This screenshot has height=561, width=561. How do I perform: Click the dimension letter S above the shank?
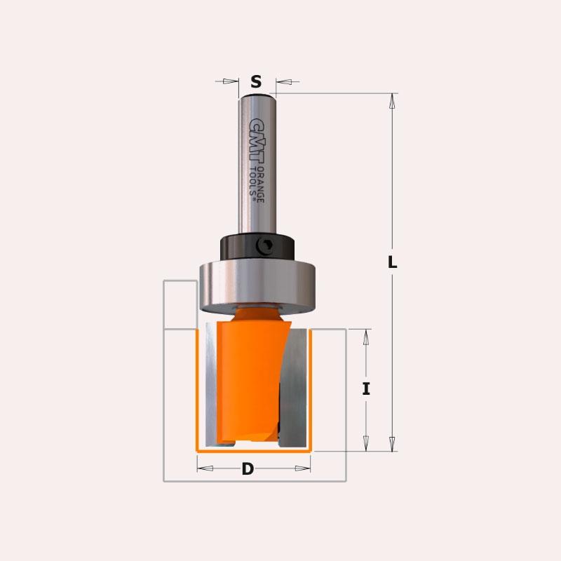pos(256,82)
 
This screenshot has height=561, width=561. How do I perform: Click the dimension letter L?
pos(393,262)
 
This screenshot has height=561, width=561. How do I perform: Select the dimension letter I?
pos(365,388)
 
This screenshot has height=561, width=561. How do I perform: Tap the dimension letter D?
pos(248,468)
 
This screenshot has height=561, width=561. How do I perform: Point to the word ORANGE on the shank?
pos(260,184)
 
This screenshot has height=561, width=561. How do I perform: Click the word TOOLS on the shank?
pos(252,182)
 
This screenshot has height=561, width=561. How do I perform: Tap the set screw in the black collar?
pos(265,246)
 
